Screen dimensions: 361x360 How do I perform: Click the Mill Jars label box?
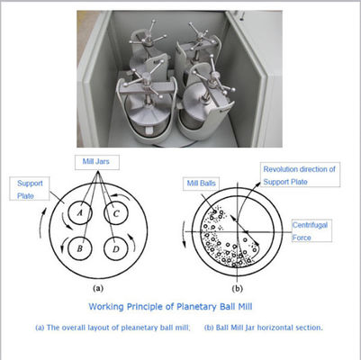pos(97,162)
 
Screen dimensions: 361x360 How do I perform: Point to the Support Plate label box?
pos(30,189)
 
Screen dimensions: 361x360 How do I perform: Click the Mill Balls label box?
pos(201,183)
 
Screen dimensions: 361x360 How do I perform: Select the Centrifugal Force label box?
pos(311,230)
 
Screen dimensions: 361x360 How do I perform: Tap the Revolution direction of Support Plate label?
pos(300,175)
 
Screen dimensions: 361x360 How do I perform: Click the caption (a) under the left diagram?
pos(98,289)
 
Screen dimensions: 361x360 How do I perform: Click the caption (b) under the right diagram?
pos(237,289)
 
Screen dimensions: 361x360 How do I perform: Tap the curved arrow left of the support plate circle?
pos(41,222)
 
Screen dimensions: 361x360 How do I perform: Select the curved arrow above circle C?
pos(121,196)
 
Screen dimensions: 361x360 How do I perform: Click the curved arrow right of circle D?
pos(132,242)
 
